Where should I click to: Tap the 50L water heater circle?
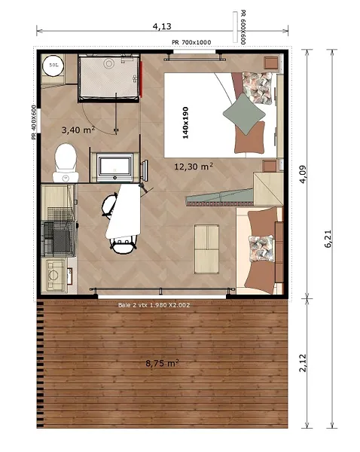click(53, 66)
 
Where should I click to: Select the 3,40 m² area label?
click(77, 130)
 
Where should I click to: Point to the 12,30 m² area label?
click(194, 166)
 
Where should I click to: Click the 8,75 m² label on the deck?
click(161, 362)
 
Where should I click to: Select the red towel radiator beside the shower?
click(141, 78)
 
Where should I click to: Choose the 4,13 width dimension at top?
click(161, 26)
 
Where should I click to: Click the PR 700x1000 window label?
click(191, 42)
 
